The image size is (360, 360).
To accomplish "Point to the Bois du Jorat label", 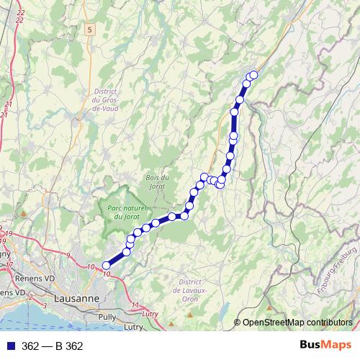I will (x=156, y=182).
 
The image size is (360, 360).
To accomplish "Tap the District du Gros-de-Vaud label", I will (x=105, y=100).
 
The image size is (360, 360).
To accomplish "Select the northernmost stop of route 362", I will (x=253, y=75).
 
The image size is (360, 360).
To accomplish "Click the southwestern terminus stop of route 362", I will (x=107, y=266).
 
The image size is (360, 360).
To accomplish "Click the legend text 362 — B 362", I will (x=52, y=346).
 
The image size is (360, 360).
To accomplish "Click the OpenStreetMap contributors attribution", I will (x=297, y=323).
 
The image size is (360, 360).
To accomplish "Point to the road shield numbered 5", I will (x=89, y=30).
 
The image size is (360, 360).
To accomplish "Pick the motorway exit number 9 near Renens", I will (x=68, y=256).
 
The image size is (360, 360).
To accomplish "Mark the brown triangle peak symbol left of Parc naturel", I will (x=24, y=213).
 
